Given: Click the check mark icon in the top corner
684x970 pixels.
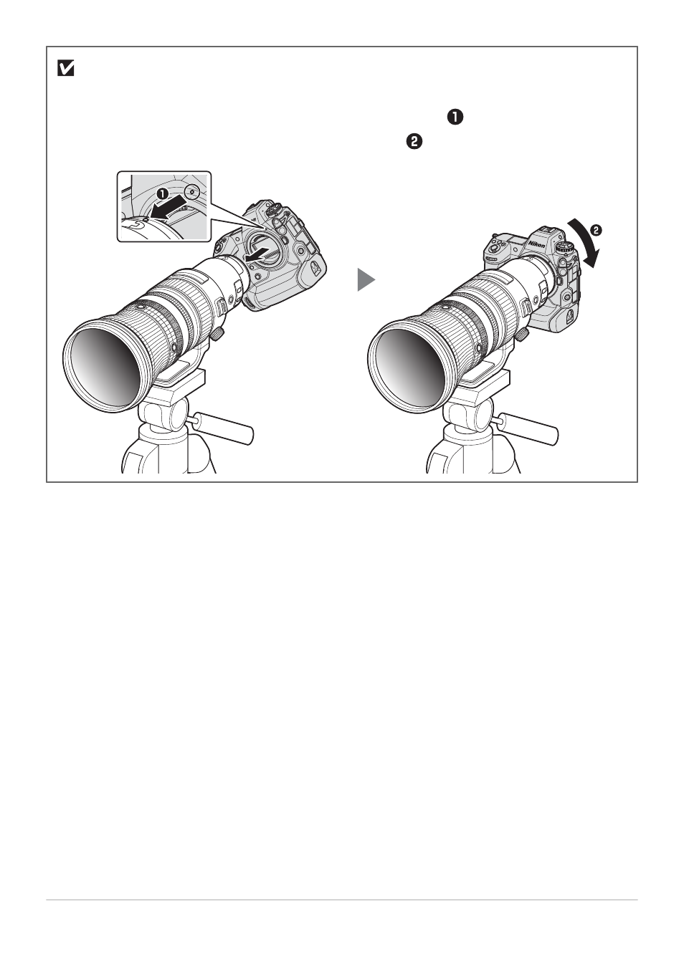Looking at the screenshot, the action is coord(65,69).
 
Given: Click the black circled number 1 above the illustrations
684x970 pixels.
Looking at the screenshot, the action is coord(455,117).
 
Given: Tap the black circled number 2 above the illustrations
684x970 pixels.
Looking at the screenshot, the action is coord(414,142).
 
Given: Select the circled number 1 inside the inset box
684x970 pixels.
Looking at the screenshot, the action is coord(163,193).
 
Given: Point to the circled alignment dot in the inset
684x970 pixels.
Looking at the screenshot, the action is coord(192,191).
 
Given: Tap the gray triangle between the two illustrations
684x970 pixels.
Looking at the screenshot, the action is coord(366,279).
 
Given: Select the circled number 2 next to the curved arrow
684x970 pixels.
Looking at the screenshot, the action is coord(596,230).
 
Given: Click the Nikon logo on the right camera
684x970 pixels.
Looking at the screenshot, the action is coord(536,244).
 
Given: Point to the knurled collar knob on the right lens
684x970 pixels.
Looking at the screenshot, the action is coord(523,333).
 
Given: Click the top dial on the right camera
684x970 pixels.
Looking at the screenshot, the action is coord(564,248).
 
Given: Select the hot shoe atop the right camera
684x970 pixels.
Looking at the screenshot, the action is coord(547,231).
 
